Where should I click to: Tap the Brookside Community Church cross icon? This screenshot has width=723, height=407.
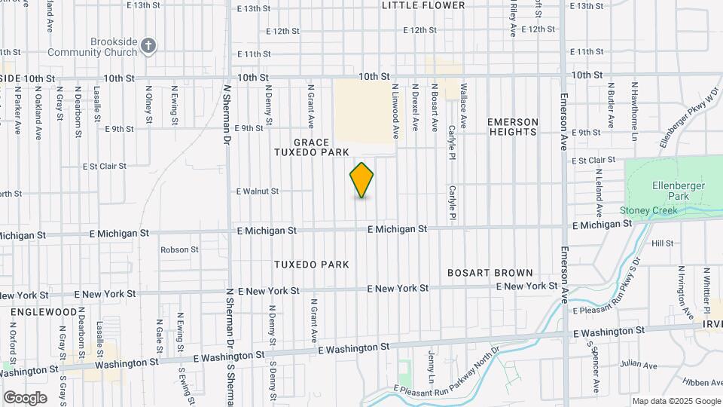tap(148, 46)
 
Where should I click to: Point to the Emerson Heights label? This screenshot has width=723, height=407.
tap(513, 127)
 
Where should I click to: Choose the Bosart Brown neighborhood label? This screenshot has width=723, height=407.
tap(490, 272)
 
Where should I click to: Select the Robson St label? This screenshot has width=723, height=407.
tap(179, 249)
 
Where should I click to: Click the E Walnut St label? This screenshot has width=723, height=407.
tap(258, 191)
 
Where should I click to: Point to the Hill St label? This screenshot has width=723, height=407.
tap(663, 243)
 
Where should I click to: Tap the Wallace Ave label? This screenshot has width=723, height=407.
tap(463, 106)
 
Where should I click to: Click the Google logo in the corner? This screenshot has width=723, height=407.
tap(24, 397)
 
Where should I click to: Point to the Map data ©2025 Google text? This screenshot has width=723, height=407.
tap(676, 401)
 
